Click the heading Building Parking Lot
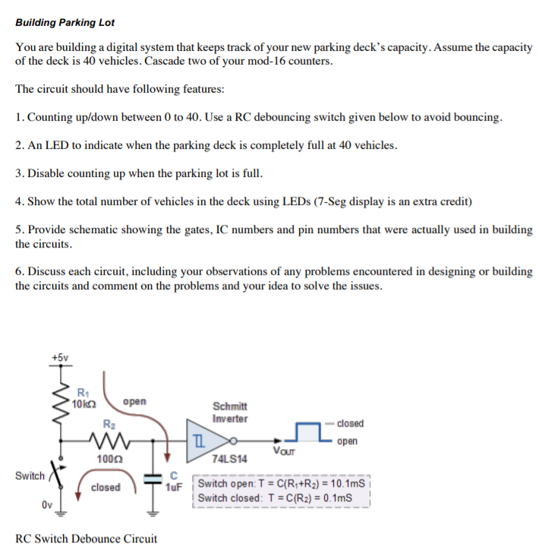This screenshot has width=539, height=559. click(x=65, y=23)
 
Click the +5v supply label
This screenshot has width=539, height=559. click(x=60, y=356)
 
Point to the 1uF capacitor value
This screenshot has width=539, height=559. click(x=173, y=487)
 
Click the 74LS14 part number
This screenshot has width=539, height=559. click(x=230, y=460)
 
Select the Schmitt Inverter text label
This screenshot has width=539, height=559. click(x=229, y=412)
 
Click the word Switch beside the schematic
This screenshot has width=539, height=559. click(x=30, y=475)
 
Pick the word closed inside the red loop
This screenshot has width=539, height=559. click(x=106, y=487)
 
